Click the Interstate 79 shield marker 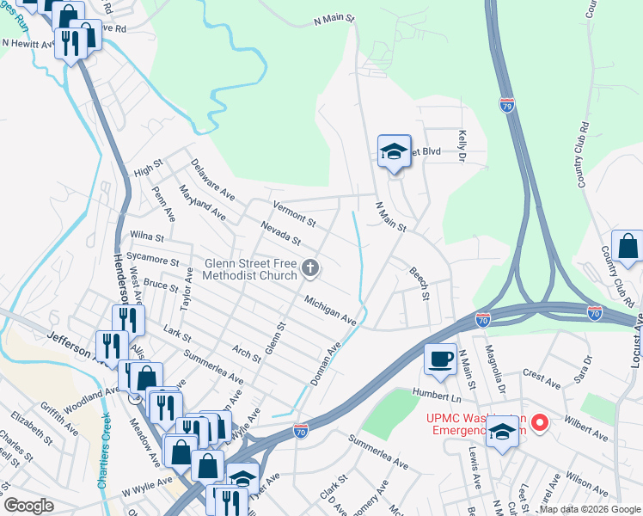coord(507,105)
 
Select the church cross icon coord(311,270)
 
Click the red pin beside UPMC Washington coord(539,422)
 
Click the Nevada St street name coord(281,232)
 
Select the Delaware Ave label coord(212,179)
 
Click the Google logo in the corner coord(28,506)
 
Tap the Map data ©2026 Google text coord(589,509)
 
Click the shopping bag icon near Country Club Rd coord(628,247)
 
